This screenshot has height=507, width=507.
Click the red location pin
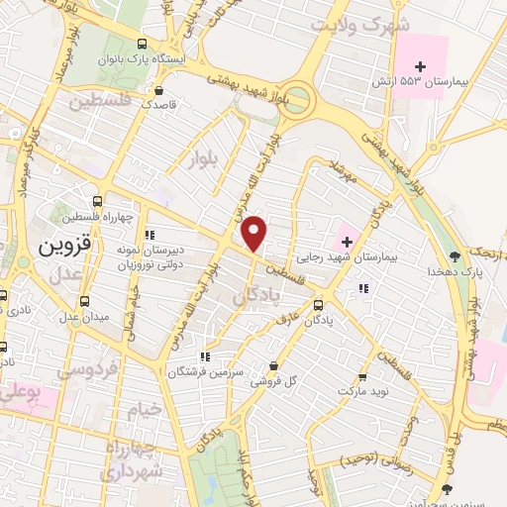254,234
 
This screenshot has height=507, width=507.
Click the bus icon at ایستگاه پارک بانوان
143,44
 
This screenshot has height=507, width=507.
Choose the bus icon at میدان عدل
83,300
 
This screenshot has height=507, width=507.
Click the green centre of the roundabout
296,100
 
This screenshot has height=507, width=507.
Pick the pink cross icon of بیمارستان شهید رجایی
348,238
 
